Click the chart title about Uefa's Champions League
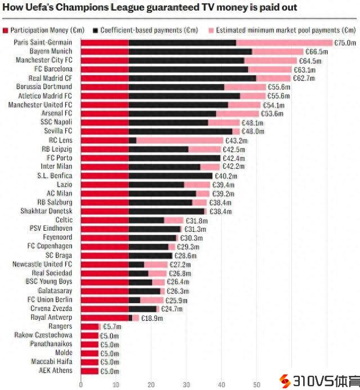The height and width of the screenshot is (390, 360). pos(150,8)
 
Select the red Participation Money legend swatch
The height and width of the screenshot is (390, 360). pos(5,29)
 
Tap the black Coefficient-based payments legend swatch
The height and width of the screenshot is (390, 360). pos(97,29)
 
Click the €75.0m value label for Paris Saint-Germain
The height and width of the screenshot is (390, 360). pos(345,42)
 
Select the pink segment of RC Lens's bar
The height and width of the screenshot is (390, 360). pos(180,140)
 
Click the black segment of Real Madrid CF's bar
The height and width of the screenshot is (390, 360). pos(192,78)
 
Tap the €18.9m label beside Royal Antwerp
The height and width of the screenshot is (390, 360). pos(152,318)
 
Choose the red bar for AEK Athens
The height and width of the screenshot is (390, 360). pos(89,371)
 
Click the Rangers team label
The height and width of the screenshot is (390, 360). pos(60,326)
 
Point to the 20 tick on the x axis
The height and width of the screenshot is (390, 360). pos(151,385)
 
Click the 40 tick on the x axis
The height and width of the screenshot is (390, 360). pos(221,385)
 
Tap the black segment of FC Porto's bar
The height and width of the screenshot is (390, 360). pos(174,158)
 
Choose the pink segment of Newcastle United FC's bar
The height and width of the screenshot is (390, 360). pos(156,265)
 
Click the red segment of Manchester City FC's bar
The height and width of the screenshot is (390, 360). pos(105,60)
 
